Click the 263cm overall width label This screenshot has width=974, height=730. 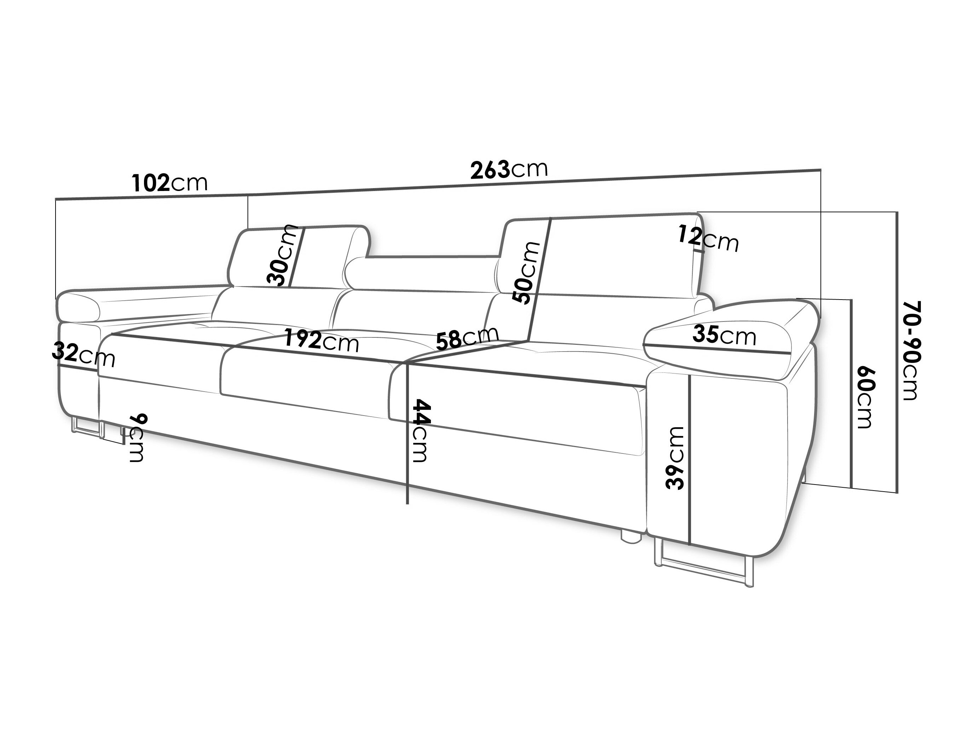pyautogui.click(x=509, y=169)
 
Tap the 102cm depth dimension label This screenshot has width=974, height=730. pyautogui.click(x=169, y=183)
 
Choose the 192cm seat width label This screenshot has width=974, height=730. pyautogui.click(x=322, y=340)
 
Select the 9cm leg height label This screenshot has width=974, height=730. pyautogui.click(x=137, y=438)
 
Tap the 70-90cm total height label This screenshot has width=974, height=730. pyautogui.click(x=911, y=351)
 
